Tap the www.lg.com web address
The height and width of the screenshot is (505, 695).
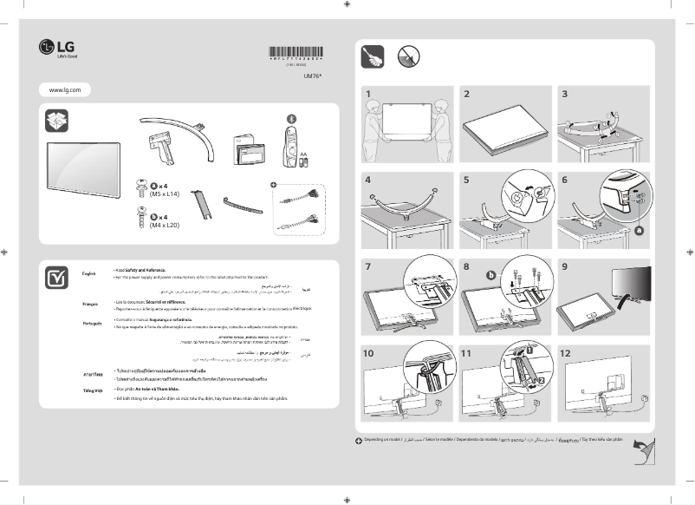click(x=65, y=89)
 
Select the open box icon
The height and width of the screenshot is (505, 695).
click(x=57, y=122)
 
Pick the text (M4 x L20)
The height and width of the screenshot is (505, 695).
click(x=164, y=226)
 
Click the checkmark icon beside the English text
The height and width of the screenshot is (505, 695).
click(x=57, y=278)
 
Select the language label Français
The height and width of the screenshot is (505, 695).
click(x=90, y=305)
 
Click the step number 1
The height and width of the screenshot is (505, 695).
click(x=367, y=93)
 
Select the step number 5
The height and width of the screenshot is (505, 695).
click(x=466, y=180)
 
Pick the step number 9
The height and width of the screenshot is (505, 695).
click(x=565, y=266)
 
